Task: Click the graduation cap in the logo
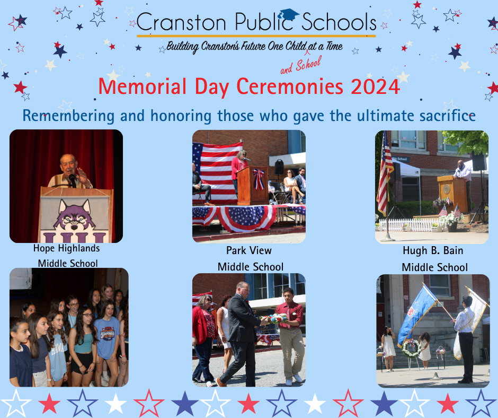point(288,15)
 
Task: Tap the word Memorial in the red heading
point(143,86)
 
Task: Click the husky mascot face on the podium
point(75,215)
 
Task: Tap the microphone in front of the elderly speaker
point(73,180)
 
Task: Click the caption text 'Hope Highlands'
point(66,248)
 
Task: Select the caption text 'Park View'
point(249,250)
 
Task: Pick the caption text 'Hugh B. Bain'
point(433,251)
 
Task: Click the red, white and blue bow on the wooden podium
point(259,179)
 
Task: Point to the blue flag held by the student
point(416,313)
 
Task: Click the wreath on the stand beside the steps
point(412,349)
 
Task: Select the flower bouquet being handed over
point(274,318)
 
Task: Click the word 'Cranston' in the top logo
point(181,22)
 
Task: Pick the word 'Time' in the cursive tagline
point(334,47)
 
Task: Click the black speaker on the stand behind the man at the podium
point(478,161)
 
